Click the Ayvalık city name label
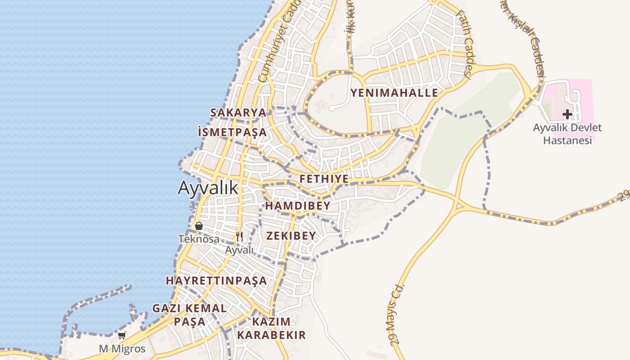click(208, 187)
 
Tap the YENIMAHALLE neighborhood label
click(394, 93)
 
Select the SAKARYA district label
click(238, 112)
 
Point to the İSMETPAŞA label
click(232, 132)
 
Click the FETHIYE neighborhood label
click(324, 179)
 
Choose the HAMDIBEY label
click(298, 206)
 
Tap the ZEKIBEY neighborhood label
click(291, 235)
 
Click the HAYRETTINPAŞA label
click(216, 280)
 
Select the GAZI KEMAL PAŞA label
click(189, 315)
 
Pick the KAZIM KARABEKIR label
click(271, 328)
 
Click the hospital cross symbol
click(567, 114)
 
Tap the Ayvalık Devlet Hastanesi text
click(567, 134)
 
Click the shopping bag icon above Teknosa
click(198, 226)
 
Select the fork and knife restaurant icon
click(239, 236)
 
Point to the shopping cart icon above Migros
click(121, 335)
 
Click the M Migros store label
click(122, 349)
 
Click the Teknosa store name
click(198, 239)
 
